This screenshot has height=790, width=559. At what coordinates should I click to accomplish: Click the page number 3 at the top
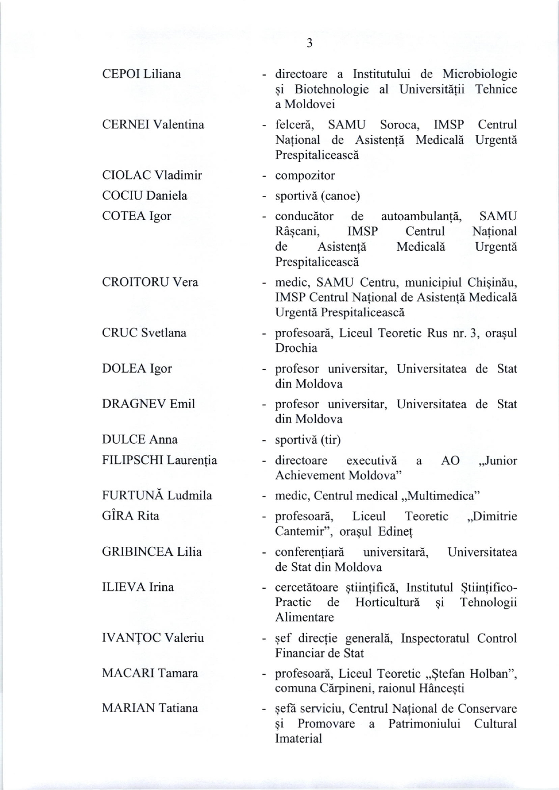pos(309,43)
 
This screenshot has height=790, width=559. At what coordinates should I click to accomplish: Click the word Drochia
pos(296,348)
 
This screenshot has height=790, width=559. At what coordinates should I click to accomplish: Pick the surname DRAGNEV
pos(134,404)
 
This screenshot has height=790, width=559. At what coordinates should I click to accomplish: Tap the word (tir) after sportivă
pos(331,439)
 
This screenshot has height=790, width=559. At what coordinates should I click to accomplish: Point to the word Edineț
pos(395,532)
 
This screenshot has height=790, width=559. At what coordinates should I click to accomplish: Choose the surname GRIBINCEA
pos(138,552)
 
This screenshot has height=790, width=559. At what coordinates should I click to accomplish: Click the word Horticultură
pos(387,602)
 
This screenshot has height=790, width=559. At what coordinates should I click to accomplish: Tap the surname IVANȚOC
pos(131,638)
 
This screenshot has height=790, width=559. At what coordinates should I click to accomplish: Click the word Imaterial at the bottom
pos(298,739)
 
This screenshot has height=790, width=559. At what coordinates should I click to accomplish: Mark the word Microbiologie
pos(479,74)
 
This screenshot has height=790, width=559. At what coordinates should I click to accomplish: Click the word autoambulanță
pos(421,217)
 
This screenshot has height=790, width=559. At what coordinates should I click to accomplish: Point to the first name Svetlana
pos(164,333)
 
